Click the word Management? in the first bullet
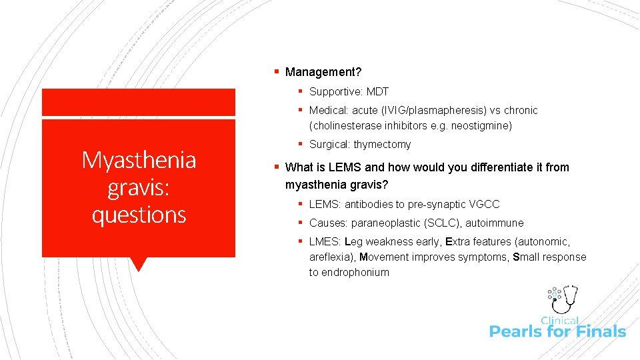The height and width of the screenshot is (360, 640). pyautogui.click(x=323, y=71)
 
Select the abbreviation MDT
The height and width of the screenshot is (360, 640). pyautogui.click(x=377, y=91)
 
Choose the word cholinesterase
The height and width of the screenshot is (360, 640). pyautogui.click(x=345, y=125)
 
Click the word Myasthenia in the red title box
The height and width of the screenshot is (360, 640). pyautogui.click(x=139, y=160)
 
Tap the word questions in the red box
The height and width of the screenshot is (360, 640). pyautogui.click(x=139, y=214)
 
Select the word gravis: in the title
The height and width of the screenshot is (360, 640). pyautogui.click(x=139, y=187)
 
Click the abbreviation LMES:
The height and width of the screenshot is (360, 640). pyautogui.click(x=325, y=241)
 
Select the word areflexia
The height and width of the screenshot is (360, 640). pyautogui.click(x=331, y=257)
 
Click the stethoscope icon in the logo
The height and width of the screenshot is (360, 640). pyautogui.click(x=567, y=298)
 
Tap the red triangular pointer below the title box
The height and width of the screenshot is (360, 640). pyautogui.click(x=139, y=264)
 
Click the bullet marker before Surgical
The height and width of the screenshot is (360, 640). pyautogui.click(x=301, y=144)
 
